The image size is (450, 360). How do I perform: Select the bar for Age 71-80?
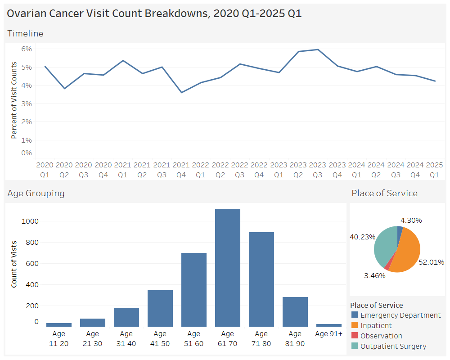(261, 279)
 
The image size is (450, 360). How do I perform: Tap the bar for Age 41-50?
(160, 308)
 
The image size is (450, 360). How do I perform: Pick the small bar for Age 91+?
(328, 325)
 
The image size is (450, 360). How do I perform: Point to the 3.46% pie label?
(374, 275)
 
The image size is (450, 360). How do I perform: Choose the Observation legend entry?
(381, 336)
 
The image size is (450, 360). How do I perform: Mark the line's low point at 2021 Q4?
(181, 93)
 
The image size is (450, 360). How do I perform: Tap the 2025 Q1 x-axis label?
(435, 170)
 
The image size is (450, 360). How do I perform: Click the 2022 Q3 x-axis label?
(240, 170)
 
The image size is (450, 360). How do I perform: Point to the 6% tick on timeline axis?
(26, 49)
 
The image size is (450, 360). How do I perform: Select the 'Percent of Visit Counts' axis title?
(14, 100)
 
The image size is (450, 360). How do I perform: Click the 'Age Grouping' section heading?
(36, 193)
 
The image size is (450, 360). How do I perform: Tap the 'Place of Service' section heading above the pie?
(384, 193)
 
